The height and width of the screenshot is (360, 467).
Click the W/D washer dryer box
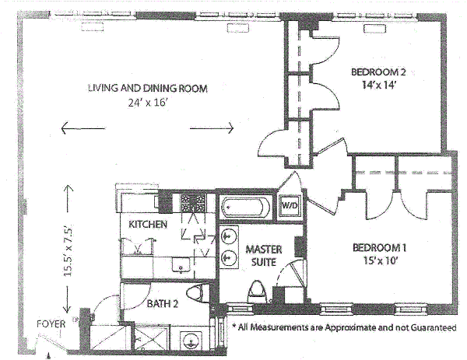tap(290, 206)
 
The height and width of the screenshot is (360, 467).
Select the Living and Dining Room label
tap(148, 88)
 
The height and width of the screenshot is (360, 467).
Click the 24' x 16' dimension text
tap(149, 103)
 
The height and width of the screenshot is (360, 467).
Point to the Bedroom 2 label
tap(378, 72)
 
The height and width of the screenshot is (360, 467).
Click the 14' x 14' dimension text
tap(378, 85)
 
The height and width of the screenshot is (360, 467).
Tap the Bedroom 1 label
tap(380, 247)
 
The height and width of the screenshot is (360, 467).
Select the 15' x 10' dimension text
tap(381, 260)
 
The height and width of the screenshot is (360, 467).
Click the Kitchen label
tap(148, 224)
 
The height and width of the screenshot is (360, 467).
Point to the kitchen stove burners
tap(194, 202)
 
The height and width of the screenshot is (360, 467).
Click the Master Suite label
tap(264, 256)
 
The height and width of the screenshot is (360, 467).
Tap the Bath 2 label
tap(163, 304)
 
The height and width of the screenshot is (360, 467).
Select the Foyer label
tap(51, 323)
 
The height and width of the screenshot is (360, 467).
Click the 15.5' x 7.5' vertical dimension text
tap(68, 252)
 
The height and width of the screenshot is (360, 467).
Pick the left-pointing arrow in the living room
tap(83, 128)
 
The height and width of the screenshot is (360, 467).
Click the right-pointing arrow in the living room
tap(212, 128)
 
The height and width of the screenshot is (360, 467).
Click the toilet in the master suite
tap(258, 289)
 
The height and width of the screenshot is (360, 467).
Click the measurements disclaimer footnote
tap(344, 327)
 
